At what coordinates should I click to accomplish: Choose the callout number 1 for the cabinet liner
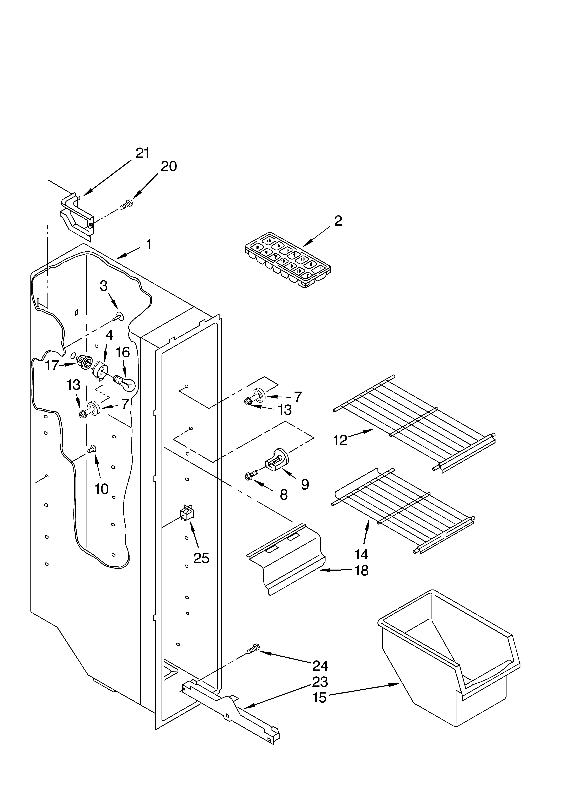(x=149, y=244)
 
